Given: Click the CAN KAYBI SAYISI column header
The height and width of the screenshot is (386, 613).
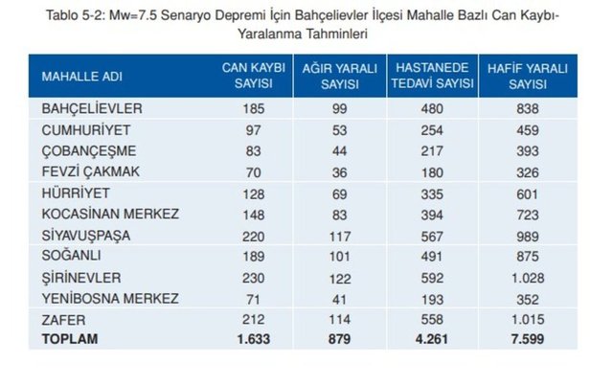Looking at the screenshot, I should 248,76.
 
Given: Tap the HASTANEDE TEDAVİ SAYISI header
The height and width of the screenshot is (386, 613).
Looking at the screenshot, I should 431,76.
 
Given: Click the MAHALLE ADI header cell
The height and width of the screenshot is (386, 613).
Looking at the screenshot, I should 81,76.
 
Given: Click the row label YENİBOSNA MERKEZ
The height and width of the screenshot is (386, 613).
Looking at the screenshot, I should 109,298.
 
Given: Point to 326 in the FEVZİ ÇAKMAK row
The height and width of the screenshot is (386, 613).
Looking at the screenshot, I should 528,171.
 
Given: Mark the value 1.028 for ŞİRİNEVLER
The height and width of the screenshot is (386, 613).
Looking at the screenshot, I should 528,277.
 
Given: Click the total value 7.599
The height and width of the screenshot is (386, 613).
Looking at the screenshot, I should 528,340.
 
